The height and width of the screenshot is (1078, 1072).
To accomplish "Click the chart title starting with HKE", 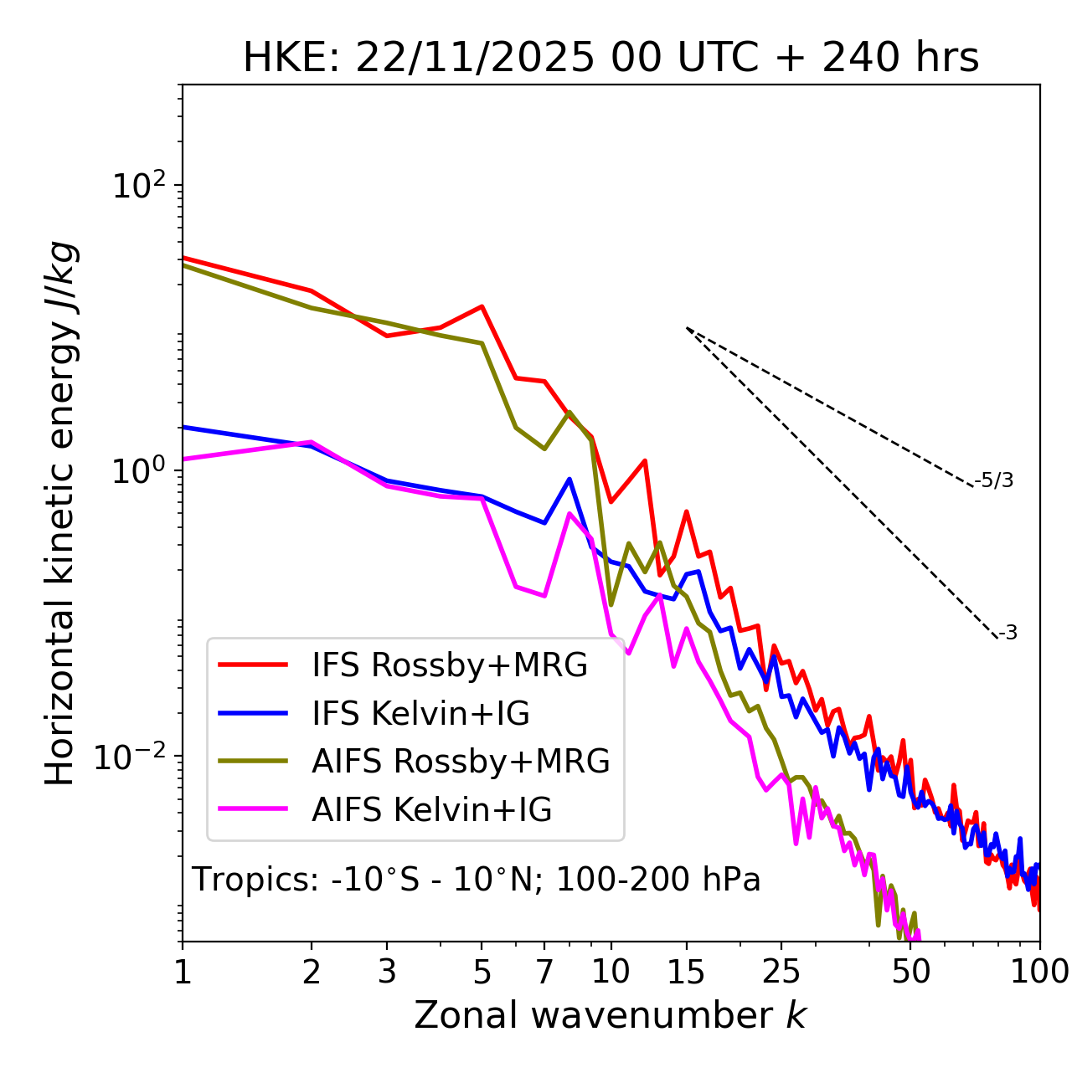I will pyautogui.click(x=611, y=59).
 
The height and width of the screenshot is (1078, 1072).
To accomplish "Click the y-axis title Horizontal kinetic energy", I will pyautogui.click(x=60, y=513).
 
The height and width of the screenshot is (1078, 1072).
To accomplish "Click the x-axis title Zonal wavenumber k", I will pyautogui.click(x=610, y=1014).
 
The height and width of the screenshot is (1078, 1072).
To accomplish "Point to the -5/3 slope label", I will pyautogui.click(x=994, y=480).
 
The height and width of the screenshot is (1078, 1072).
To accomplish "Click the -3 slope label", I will pyautogui.click(x=1008, y=634).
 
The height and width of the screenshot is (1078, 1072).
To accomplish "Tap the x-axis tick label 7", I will pyautogui.click(x=544, y=972).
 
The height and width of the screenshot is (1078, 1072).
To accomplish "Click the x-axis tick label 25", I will pyautogui.click(x=781, y=972).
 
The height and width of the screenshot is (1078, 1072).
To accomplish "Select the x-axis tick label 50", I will pyautogui.click(x=910, y=972).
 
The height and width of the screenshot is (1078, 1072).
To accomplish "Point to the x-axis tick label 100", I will pyautogui.click(x=1038, y=972).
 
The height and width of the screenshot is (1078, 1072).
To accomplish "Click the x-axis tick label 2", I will pyautogui.click(x=312, y=972).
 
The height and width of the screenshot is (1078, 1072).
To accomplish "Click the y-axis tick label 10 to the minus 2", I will pyautogui.click(x=134, y=757).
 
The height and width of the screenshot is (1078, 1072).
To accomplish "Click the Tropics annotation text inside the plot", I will pyautogui.click(x=476, y=880).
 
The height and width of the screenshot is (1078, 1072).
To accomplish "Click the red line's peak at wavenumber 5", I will pyautogui.click(x=482, y=306).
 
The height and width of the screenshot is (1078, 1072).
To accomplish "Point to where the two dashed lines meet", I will pyautogui.click(x=687, y=328).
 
